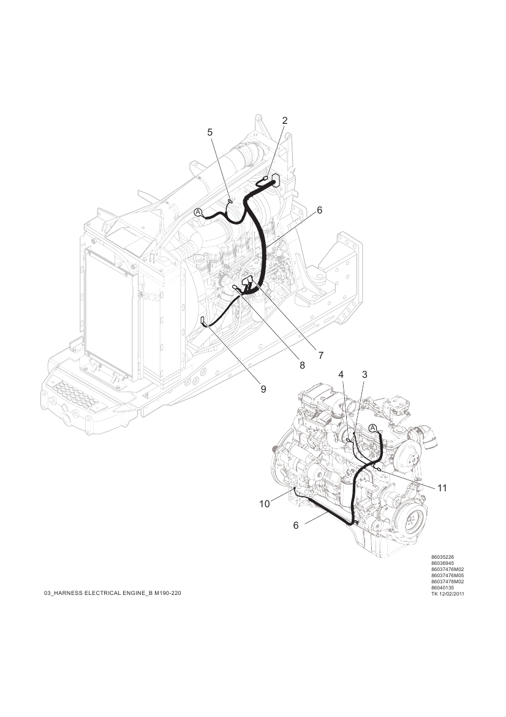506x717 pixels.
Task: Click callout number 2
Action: pos(285,121)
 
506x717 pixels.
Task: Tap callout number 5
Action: pos(210,132)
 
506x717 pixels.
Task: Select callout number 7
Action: pos(320,355)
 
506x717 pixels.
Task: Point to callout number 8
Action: pos(303,366)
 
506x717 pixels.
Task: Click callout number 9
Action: pos(263,389)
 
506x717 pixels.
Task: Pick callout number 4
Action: pos(341,375)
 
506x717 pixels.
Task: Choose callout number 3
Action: pos(364,375)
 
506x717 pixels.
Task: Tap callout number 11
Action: pos(442,488)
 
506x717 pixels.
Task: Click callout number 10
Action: pos(265,504)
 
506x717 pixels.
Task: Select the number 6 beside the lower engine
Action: pos(296,526)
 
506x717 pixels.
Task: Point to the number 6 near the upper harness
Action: pos(320,210)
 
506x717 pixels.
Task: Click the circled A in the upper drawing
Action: pos(198,212)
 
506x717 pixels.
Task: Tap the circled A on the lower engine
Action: pos(373,429)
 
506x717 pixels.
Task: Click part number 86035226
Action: pos(442,557)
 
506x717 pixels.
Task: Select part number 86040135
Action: pos(442,588)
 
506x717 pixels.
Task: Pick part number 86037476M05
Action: pos(448,575)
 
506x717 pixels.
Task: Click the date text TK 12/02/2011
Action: pos(448,594)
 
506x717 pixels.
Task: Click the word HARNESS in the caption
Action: pos(68,593)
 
